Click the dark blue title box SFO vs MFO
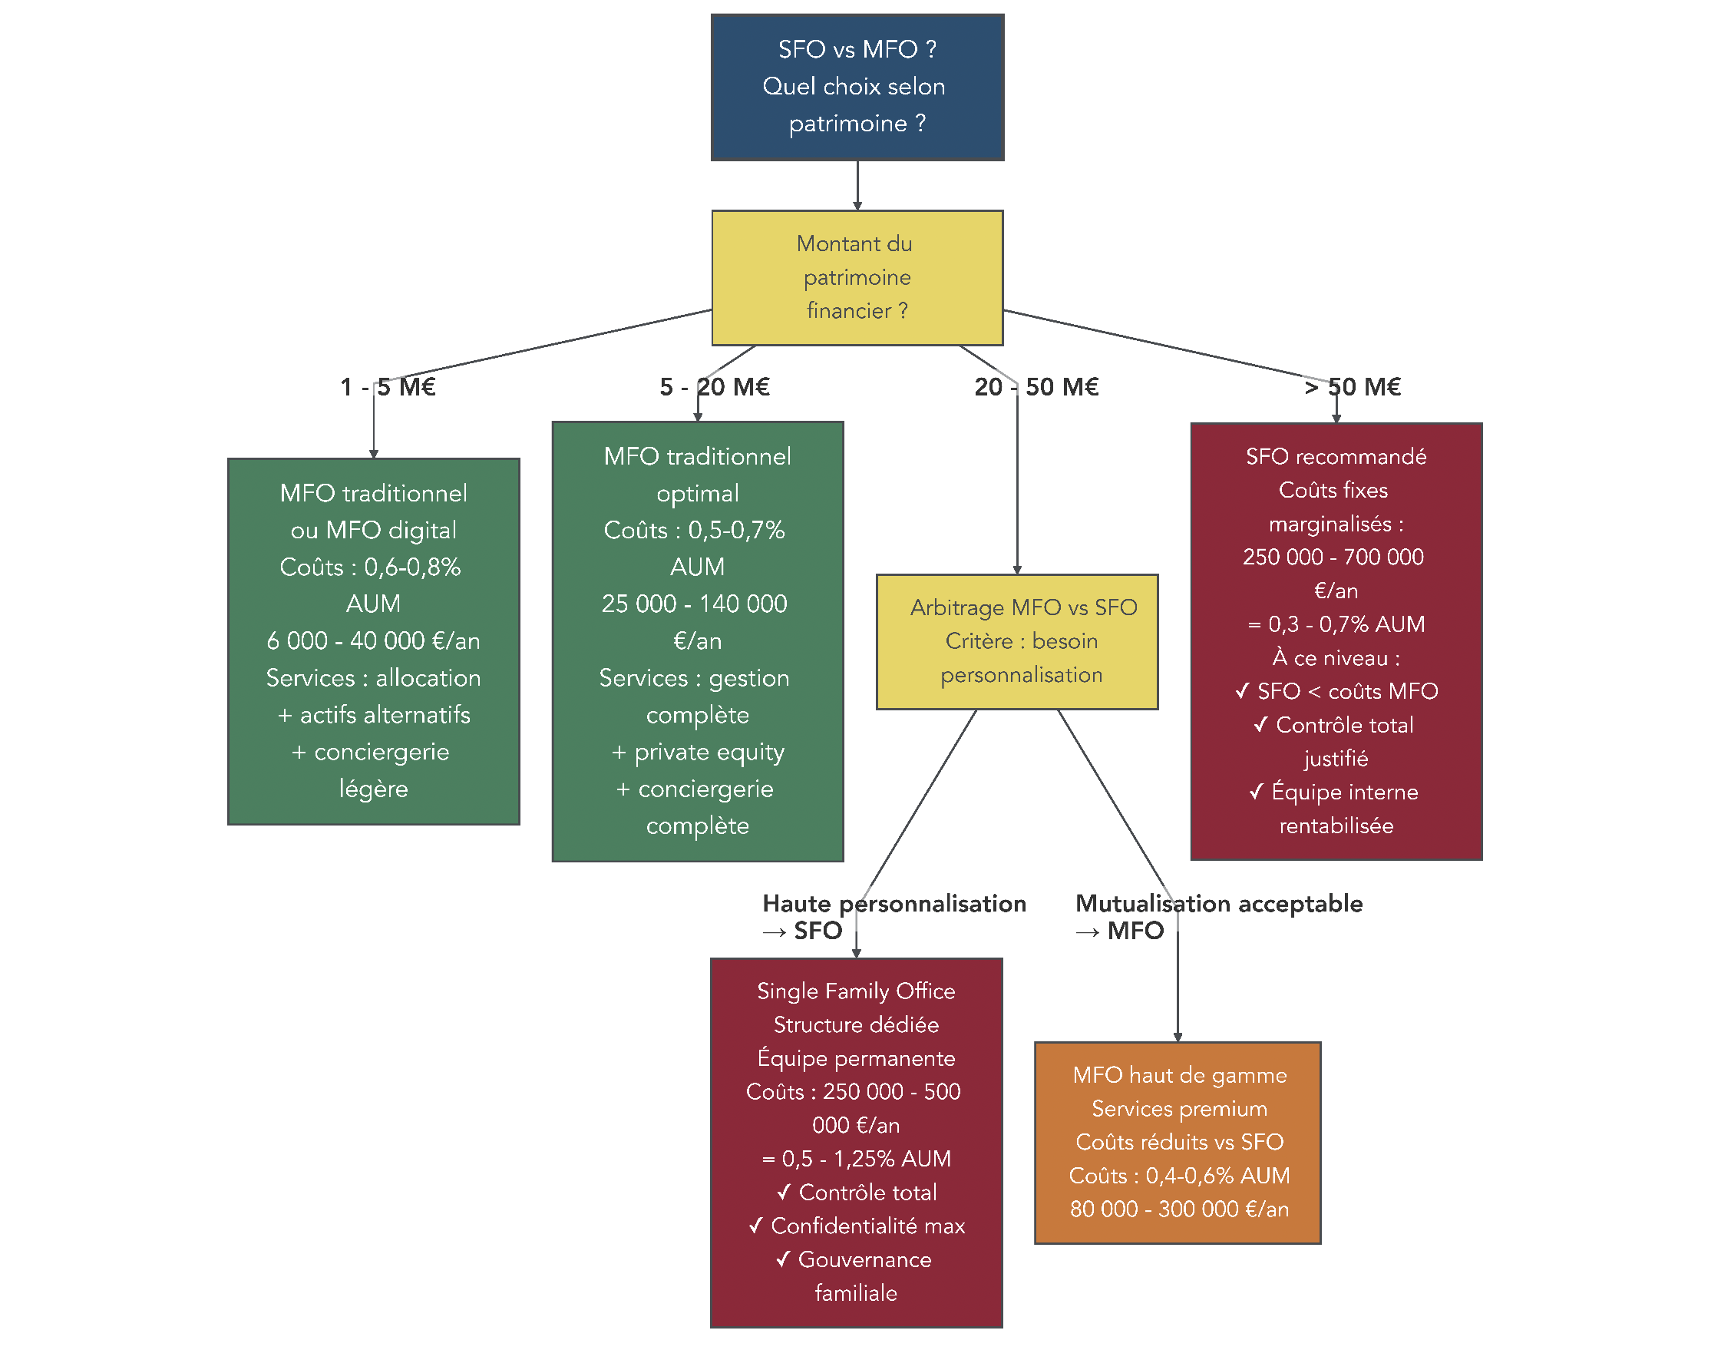857,87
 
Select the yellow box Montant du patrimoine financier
857,277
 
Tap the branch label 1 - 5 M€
388,386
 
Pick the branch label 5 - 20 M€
715,386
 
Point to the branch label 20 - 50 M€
1036,386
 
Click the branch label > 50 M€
1352,386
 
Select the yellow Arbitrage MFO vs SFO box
1017,641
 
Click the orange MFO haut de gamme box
1178,1141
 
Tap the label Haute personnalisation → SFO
893,916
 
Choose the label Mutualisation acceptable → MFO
1217,916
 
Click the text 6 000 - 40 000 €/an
373,640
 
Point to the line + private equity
698,752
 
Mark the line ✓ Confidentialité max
857,1225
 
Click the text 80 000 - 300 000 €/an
1179,1209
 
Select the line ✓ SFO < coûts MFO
1336,691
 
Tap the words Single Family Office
857,991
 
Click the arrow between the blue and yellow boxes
857,185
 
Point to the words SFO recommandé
1336,456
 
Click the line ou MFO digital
373,530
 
